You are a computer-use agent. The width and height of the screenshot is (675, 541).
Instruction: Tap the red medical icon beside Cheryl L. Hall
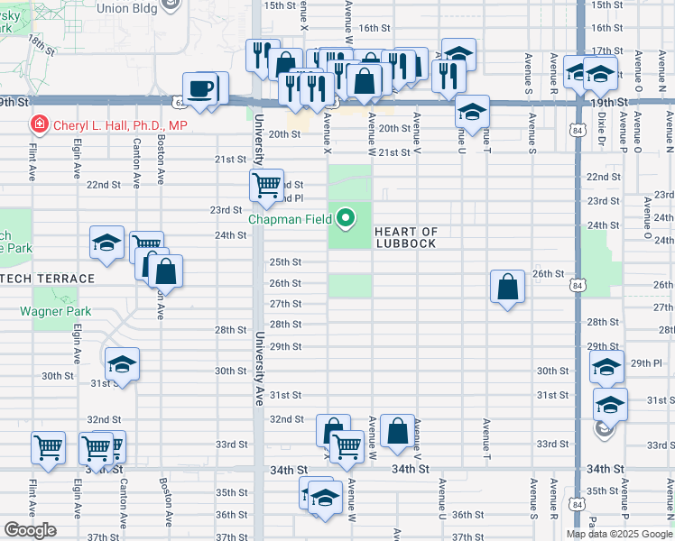pyautogui.click(x=39, y=124)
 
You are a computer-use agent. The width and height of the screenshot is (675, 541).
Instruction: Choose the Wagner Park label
pyautogui.click(x=55, y=311)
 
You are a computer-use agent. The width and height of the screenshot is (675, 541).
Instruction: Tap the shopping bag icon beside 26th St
pyautogui.click(x=508, y=286)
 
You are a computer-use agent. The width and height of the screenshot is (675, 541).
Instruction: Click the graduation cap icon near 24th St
pyautogui.click(x=106, y=243)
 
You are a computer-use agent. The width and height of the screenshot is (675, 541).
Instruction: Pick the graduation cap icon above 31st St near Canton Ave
pyautogui.click(x=122, y=365)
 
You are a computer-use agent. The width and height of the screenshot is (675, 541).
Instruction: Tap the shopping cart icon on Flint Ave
pyautogui.click(x=48, y=446)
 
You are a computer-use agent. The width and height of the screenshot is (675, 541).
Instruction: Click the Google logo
pyautogui.click(x=31, y=530)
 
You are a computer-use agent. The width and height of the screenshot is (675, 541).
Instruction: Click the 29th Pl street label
pyautogui.click(x=646, y=362)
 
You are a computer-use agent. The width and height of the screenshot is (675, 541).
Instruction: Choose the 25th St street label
pyautogui.click(x=285, y=262)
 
